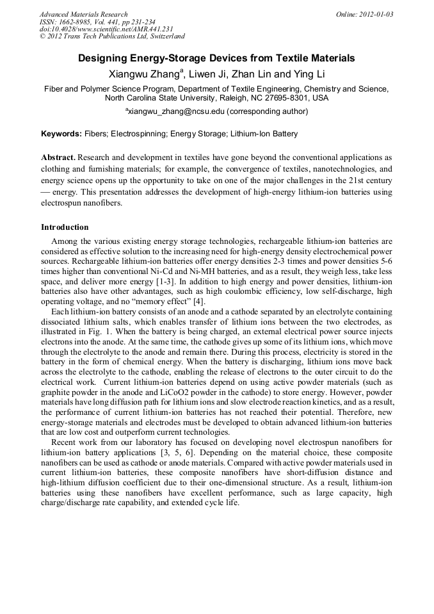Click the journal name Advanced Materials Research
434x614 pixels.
(83, 14)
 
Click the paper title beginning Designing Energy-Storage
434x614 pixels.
(216, 58)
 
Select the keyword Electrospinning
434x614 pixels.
(139, 134)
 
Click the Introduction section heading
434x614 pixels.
(65, 227)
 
